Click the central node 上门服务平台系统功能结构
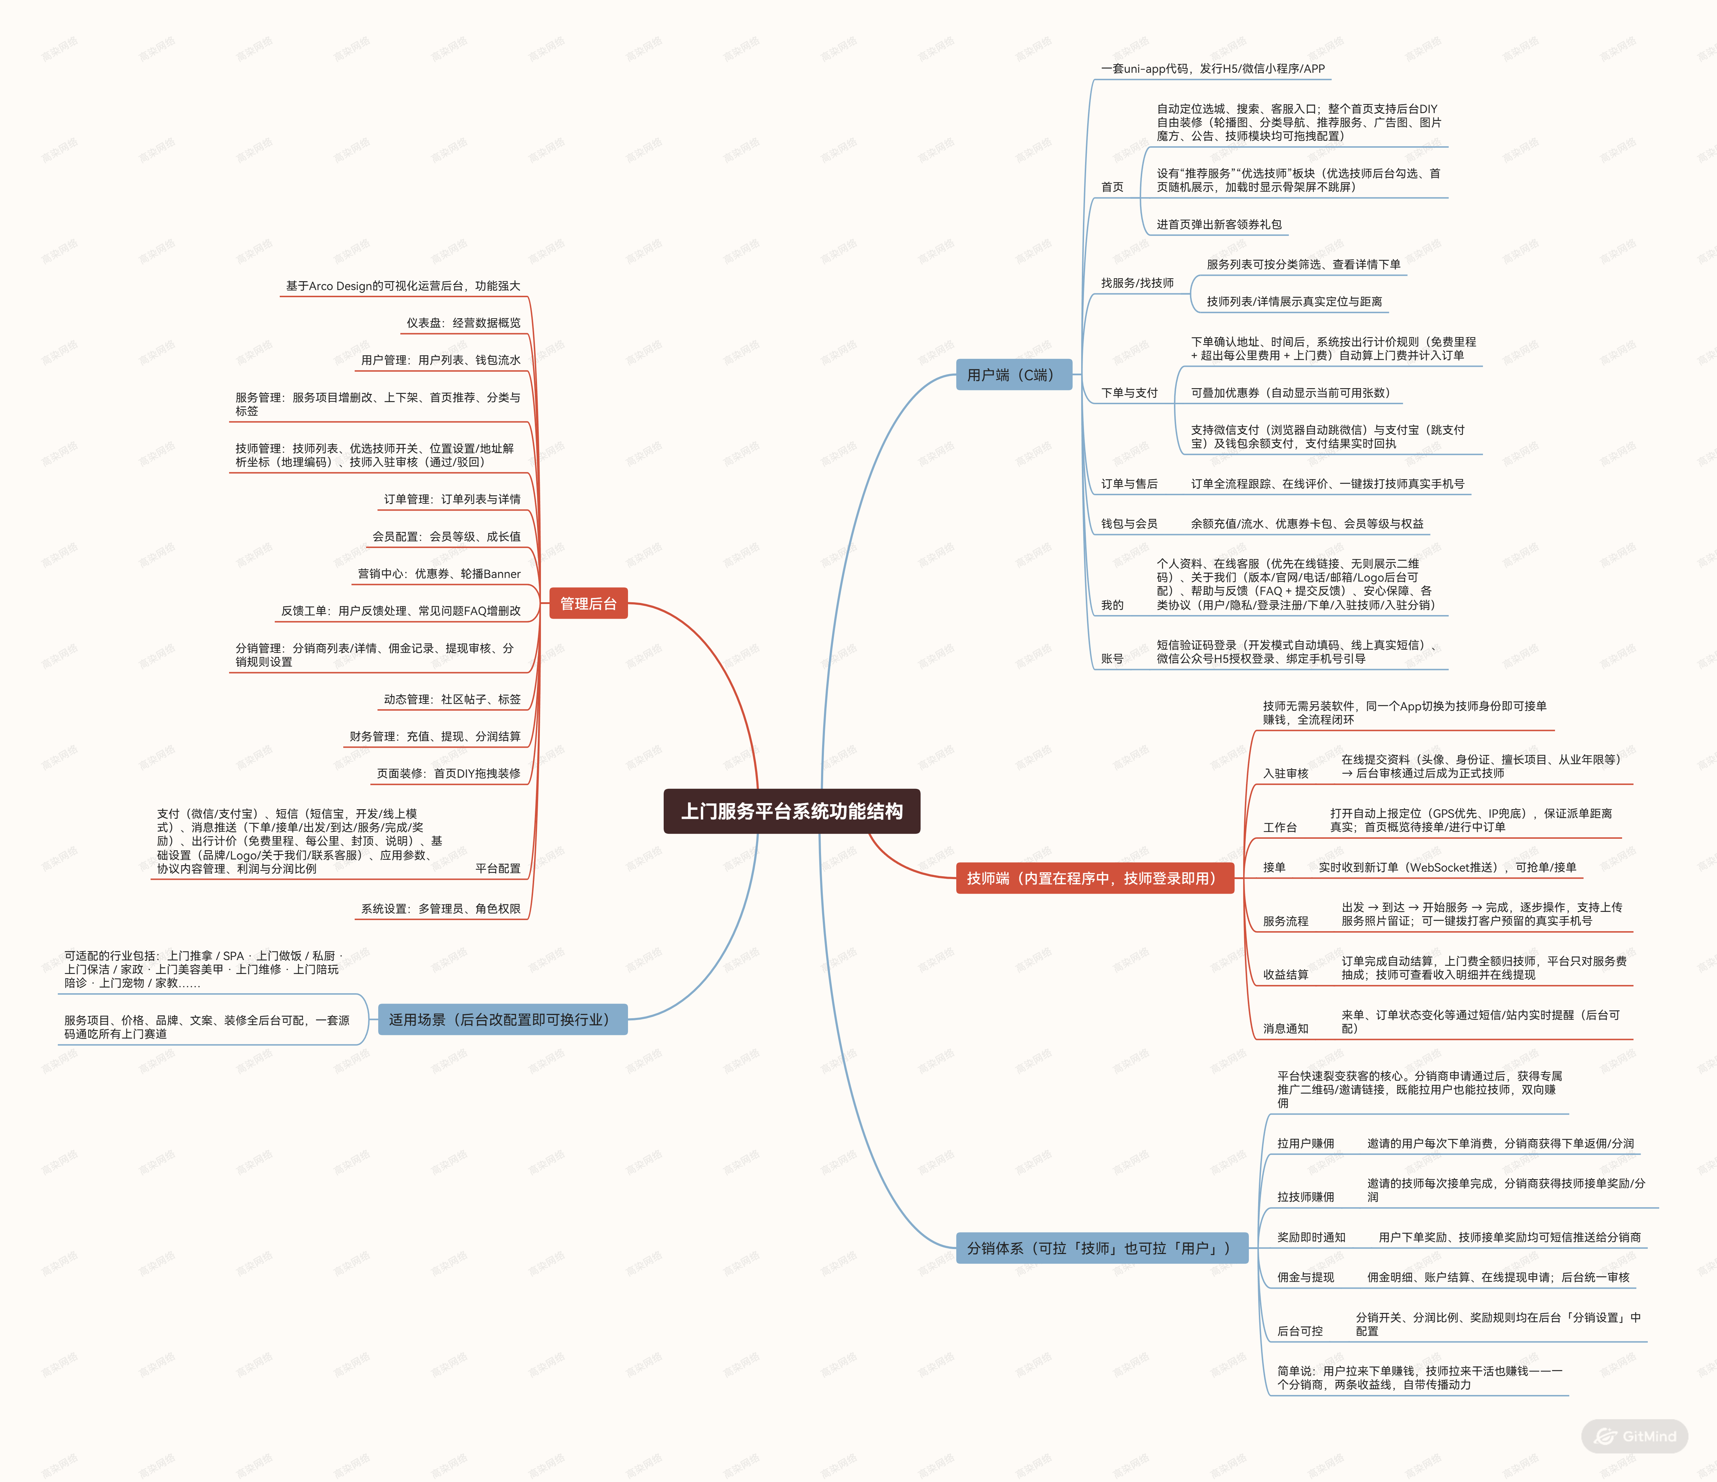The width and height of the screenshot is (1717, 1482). [791, 811]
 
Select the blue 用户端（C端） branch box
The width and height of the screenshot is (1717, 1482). [1013, 375]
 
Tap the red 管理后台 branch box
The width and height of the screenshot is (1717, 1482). [588, 603]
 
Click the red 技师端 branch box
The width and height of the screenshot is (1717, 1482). [1095, 878]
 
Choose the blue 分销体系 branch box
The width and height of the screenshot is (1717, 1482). [1102, 1248]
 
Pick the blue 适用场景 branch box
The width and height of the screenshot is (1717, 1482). [502, 1019]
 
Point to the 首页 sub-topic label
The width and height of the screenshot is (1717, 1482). [1112, 187]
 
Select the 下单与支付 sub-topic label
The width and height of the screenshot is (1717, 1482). [1129, 393]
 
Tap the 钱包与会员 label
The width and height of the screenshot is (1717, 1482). [1129, 523]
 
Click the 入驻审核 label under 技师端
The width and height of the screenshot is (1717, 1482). [1285, 773]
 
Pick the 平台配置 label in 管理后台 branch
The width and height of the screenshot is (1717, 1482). [498, 868]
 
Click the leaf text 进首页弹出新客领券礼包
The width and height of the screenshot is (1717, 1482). [1219, 224]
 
